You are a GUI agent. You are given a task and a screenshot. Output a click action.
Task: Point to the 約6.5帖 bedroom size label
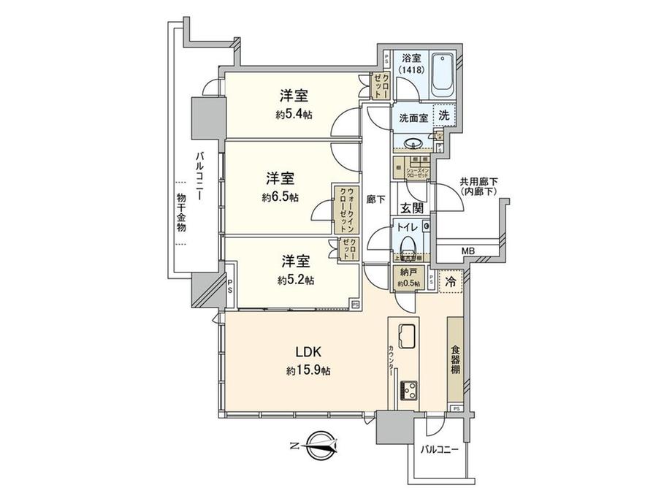(x=281, y=197)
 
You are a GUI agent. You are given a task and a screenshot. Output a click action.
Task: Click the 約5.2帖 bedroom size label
(x=294, y=280)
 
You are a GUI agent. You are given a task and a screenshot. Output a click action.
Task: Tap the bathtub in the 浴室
(x=443, y=76)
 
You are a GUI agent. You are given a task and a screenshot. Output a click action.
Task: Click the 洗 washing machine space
(x=444, y=115)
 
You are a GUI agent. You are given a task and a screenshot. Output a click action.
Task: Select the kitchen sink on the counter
(x=408, y=337)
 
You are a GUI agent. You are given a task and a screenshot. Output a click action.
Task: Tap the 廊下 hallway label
(x=377, y=199)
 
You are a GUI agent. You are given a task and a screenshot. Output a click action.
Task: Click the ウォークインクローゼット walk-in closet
(x=344, y=207)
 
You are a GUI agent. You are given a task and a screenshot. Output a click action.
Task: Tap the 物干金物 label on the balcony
(x=181, y=212)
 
